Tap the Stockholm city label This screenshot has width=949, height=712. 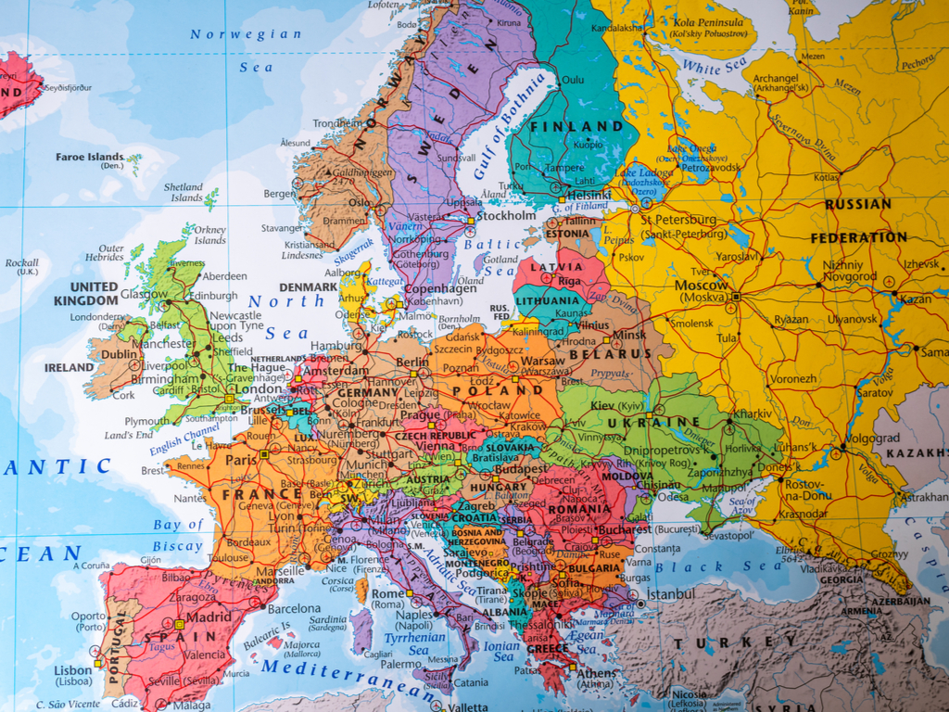point(506,215)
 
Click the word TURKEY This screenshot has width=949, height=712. point(735,642)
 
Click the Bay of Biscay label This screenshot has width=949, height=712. point(177,536)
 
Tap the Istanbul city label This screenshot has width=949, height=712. point(671,593)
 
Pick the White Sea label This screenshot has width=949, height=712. point(714,67)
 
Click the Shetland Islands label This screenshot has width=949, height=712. point(183,192)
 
